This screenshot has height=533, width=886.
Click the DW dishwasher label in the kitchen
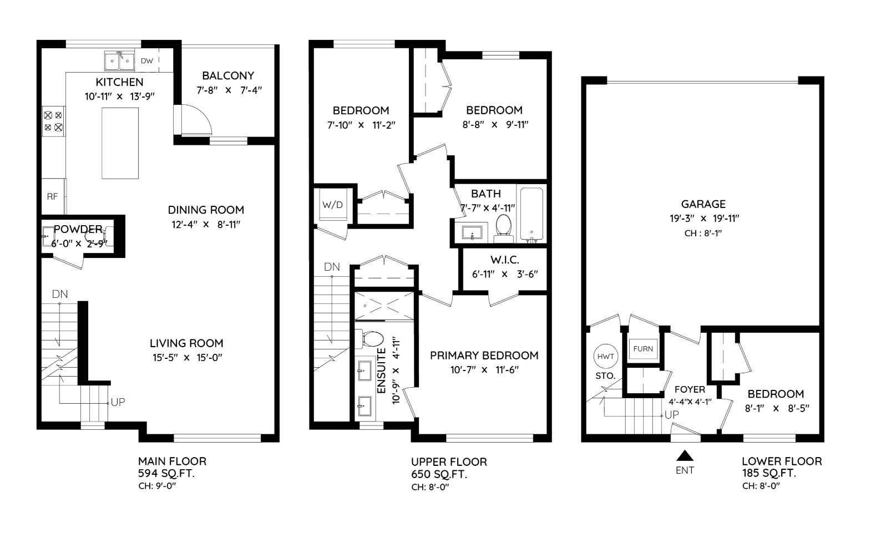tap(147, 61)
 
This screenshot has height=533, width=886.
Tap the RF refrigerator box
tap(53, 196)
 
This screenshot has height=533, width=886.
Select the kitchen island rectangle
tap(120, 143)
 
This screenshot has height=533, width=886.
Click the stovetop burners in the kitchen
tap(53, 121)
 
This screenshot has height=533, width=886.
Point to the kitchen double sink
tap(119, 60)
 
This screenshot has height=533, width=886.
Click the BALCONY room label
tap(228, 75)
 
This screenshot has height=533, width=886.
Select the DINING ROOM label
tap(206, 210)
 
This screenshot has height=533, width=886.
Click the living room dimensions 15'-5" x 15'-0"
tap(188, 358)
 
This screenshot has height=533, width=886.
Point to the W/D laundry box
tap(333, 205)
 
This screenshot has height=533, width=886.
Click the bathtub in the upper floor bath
tap(531, 214)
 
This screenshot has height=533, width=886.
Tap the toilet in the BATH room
tap(504, 228)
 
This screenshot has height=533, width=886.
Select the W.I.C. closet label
tap(505, 260)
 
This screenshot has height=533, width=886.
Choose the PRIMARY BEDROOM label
tap(484, 356)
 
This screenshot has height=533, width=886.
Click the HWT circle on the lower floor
tap(606, 356)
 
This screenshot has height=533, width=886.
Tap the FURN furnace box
tap(643, 349)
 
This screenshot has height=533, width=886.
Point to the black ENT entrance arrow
tap(685, 456)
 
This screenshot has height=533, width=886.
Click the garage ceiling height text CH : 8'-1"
tap(703, 233)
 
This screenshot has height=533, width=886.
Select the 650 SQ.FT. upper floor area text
tap(439, 474)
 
